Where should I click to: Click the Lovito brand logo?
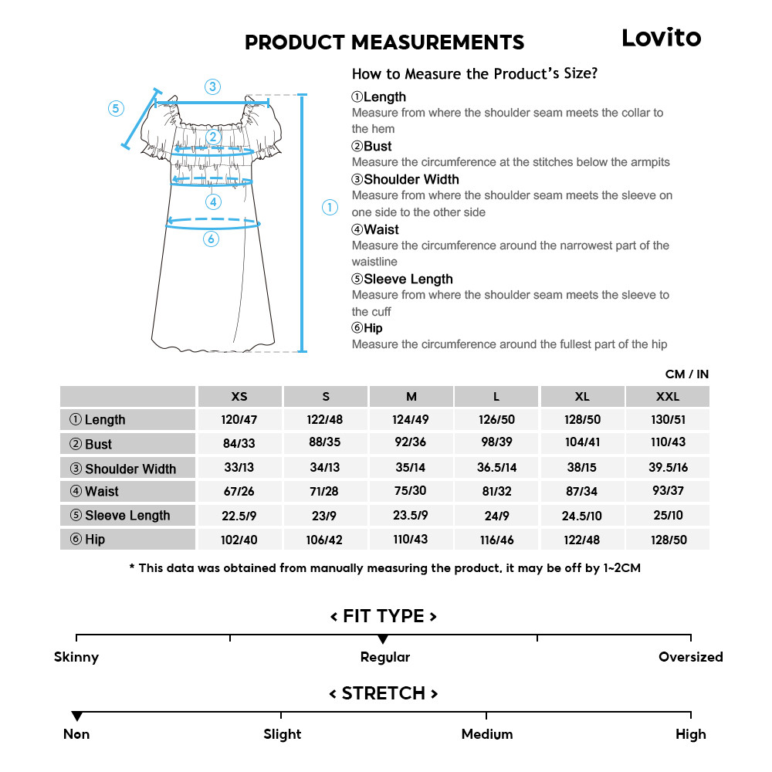[661, 38]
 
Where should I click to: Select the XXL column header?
[667, 397]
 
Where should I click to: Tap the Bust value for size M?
[411, 443]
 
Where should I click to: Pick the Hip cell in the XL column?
[582, 540]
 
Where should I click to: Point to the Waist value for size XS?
[239, 491]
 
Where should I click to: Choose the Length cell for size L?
[496, 420]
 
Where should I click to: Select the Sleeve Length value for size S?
[326, 515]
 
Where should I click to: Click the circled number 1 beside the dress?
[330, 207]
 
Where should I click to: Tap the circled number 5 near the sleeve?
[116, 108]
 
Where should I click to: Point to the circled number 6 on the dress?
[212, 239]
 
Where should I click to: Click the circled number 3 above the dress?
[212, 86]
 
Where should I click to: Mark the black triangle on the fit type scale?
[383, 639]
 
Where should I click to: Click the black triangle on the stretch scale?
[76, 716]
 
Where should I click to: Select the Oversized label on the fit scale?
[690, 657]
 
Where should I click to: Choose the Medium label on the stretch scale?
[486, 734]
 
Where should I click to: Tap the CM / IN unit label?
[686, 374]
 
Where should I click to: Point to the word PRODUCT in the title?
[294, 42]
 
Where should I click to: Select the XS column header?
[239, 397]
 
